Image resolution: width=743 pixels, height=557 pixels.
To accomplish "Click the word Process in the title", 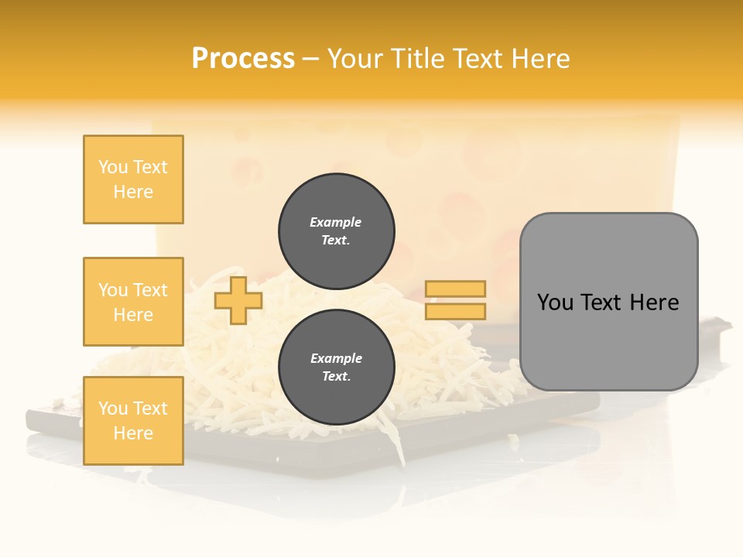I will tap(243, 59).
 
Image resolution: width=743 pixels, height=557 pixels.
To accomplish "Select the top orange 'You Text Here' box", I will tap(133, 179).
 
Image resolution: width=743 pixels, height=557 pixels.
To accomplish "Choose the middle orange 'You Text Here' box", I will tap(133, 302).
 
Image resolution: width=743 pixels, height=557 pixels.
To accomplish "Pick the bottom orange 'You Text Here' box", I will tap(133, 421).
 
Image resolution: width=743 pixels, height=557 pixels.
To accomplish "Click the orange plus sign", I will tap(238, 300).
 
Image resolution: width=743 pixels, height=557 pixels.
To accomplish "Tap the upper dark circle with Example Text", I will tap(337, 231).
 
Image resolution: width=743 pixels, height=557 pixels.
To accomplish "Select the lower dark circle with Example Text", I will tap(337, 367).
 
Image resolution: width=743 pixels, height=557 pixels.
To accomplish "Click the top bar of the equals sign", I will tap(455, 289).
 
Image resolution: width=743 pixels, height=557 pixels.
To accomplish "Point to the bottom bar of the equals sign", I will tap(455, 312).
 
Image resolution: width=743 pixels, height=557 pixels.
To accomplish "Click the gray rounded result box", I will tap(608, 301).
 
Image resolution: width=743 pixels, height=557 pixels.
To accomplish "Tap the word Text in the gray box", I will tap(601, 302).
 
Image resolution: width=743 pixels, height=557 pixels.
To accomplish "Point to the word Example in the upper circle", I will tap(336, 222).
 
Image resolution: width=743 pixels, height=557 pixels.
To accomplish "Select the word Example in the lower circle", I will tap(336, 358).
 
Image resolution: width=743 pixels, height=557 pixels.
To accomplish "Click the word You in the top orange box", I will tap(112, 167).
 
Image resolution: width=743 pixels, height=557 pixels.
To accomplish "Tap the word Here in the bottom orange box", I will tap(133, 433).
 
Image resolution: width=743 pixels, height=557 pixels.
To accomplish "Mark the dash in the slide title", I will tap(310, 60).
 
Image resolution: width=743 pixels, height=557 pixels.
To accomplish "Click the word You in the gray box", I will tap(555, 302).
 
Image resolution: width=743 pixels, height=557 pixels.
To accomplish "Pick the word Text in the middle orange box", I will tap(149, 290).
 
